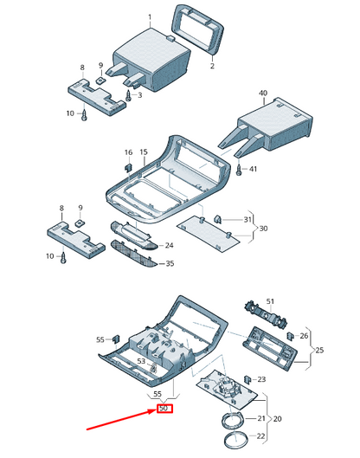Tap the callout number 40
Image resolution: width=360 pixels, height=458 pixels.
point(263,93)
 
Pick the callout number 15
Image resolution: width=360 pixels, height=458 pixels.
point(143,152)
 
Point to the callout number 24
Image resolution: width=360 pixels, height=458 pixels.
point(170,246)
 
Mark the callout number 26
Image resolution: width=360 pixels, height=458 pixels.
point(303,336)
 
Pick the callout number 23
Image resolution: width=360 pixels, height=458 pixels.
point(261,378)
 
